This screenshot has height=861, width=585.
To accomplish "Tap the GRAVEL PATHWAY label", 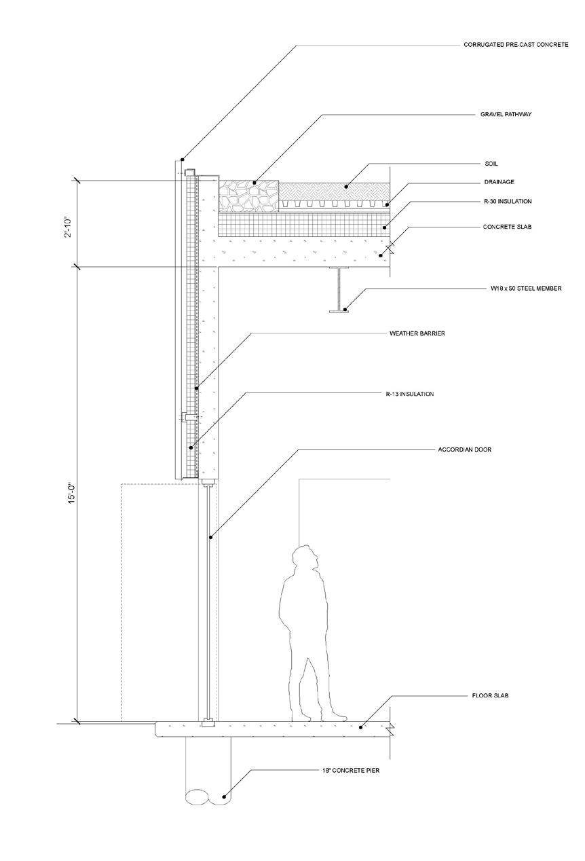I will tap(501, 115).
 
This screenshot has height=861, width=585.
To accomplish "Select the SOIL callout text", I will tap(491, 164).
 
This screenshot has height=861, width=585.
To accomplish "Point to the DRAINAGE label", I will tap(498, 182).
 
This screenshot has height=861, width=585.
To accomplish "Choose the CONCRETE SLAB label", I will tap(507, 226).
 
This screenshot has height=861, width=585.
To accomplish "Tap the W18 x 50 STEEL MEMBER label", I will tap(526, 289).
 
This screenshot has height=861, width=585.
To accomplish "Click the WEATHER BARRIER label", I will tap(417, 333).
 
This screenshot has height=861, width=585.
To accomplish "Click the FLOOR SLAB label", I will tap(490, 696).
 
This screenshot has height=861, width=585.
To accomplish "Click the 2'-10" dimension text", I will tap(71, 222).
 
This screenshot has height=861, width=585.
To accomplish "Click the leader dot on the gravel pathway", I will tap(254, 183).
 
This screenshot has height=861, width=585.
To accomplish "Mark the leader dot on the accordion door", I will tap(210, 538).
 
